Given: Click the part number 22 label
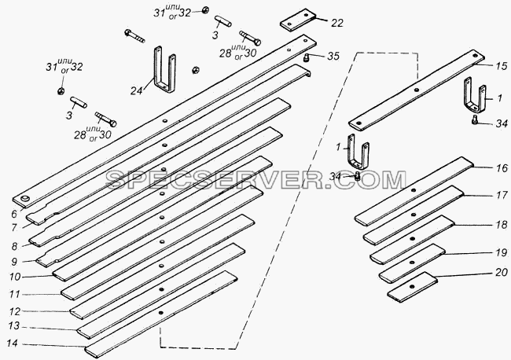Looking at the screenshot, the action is (x=337, y=23).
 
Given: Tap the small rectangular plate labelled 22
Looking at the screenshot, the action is (x=298, y=20).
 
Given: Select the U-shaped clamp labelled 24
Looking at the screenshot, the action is (x=164, y=70).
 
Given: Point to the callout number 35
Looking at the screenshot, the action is (x=333, y=56).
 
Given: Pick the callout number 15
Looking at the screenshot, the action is (x=502, y=66).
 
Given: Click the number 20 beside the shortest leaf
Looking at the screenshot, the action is (x=502, y=272).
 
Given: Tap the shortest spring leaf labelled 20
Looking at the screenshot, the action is (x=412, y=287).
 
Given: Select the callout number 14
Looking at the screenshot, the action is (x=13, y=343).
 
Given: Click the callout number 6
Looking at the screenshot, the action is (x=13, y=214).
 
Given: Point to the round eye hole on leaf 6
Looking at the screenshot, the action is (x=25, y=199).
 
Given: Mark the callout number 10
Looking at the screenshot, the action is (x=15, y=277).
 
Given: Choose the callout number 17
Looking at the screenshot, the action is (x=502, y=195).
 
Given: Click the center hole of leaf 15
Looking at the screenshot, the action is (x=416, y=90).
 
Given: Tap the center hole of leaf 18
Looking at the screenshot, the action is (x=412, y=239).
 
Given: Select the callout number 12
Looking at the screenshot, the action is (x=15, y=312).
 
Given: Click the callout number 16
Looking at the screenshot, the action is (x=502, y=168).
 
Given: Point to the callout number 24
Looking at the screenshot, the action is (x=137, y=90).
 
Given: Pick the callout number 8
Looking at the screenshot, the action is (x=14, y=246).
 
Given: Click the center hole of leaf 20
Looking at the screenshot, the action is (x=412, y=287).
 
